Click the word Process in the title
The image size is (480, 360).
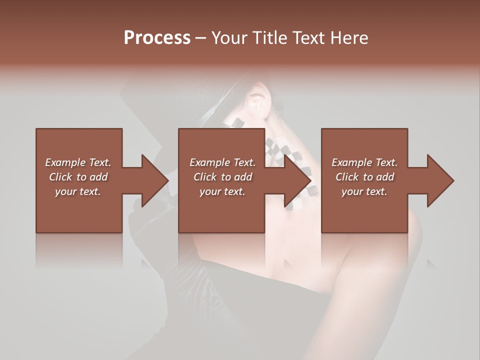coord(157,38)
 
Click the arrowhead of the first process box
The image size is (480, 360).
coord(154,180)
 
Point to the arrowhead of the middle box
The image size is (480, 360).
coord(297,180)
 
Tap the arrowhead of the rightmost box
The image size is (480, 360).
coord(440,180)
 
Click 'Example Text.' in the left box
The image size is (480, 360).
coord(78,162)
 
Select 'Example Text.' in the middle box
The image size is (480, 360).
coord(222,162)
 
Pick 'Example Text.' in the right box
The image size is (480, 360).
coord(364,162)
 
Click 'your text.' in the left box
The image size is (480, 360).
coord(78,191)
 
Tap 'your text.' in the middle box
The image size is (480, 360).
coord(222,191)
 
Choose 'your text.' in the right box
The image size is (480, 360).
coord(364,191)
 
